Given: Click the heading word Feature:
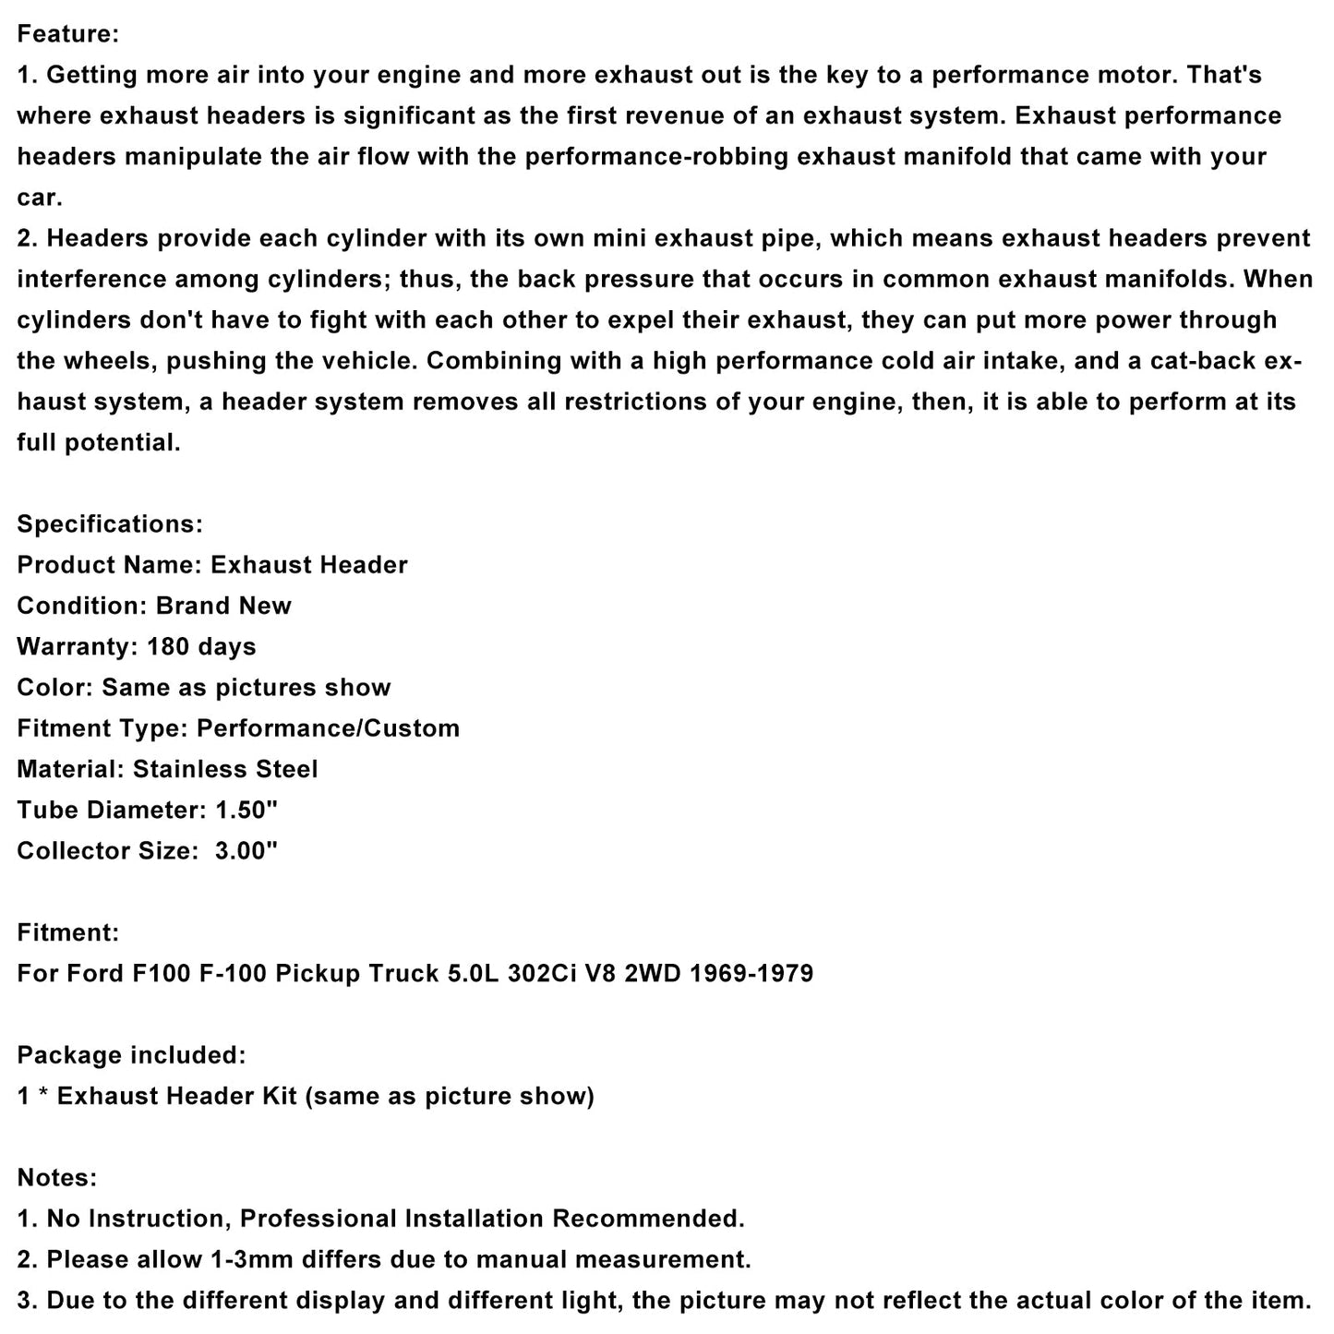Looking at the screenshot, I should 68,34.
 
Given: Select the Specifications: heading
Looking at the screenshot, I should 110,524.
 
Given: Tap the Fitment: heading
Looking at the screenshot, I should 68,932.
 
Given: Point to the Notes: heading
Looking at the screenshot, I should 57,1178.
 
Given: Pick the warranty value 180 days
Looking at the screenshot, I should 201,646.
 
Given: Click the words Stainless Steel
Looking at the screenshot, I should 225,769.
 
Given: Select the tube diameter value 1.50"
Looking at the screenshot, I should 246,810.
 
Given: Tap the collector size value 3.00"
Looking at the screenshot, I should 246,850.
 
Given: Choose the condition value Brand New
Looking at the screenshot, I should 223,606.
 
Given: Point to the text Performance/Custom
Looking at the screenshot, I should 329,728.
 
